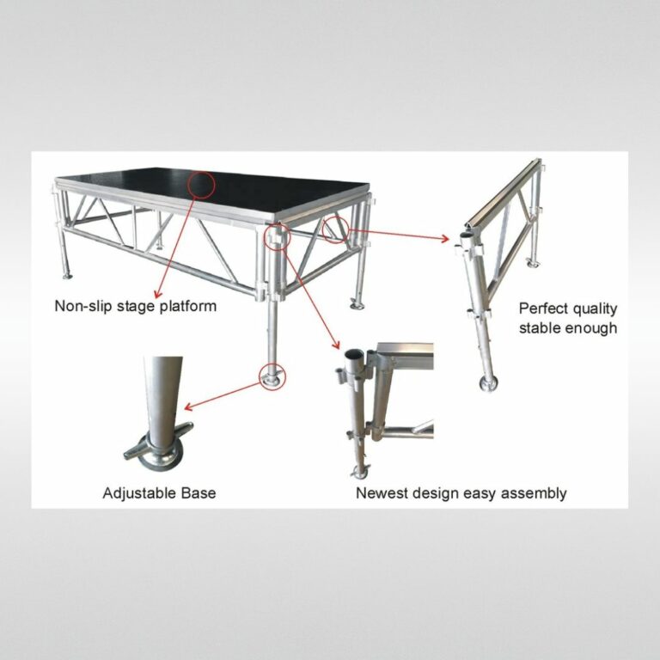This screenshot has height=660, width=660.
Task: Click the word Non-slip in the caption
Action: coord(82,305)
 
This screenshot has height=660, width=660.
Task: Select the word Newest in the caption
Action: coord(381,493)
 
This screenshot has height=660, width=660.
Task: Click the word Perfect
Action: coord(542,309)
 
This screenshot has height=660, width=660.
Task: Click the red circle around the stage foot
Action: coord(272,376)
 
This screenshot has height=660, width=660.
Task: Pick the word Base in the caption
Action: coord(199,493)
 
